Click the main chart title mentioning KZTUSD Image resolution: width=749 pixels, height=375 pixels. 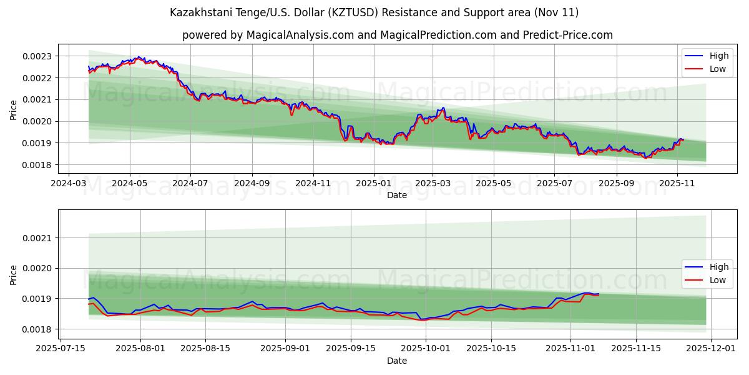pos(374,12)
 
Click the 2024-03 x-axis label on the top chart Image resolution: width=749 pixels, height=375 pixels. pos(68,184)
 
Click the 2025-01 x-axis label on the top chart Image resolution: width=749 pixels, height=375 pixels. pos(373,184)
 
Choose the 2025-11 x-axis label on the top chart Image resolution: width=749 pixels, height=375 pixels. pos(677,184)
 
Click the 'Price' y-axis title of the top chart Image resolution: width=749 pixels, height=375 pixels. pos(14,109)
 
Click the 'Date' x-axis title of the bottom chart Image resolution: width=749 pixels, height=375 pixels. pos(397,361)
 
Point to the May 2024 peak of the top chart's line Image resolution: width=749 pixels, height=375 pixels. pos(139,57)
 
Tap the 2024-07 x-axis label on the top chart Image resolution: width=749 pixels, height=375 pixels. pos(190,184)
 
